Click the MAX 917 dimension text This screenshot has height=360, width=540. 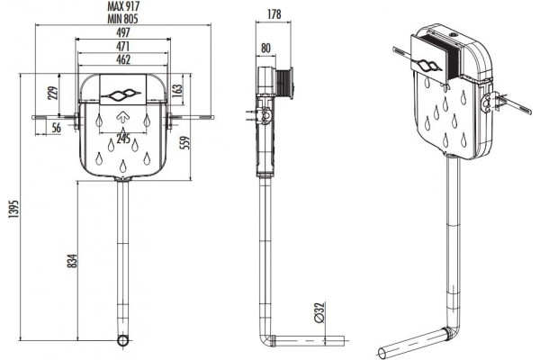pyautogui.click(x=123, y=6)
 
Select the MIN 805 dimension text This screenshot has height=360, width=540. pyautogui.click(x=122, y=19)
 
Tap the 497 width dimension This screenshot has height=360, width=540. pyautogui.click(x=123, y=32)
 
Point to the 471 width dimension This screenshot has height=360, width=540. pyautogui.click(x=123, y=46)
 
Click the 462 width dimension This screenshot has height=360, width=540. pyautogui.click(x=123, y=59)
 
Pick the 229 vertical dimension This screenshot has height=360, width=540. pyautogui.click(x=53, y=93)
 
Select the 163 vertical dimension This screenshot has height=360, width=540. pyautogui.click(x=176, y=90)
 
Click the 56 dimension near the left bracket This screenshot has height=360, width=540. pyautogui.click(x=56, y=128)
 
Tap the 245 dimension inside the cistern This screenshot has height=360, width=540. pyautogui.click(x=123, y=139)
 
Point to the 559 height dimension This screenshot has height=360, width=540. pyautogui.click(x=185, y=143)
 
